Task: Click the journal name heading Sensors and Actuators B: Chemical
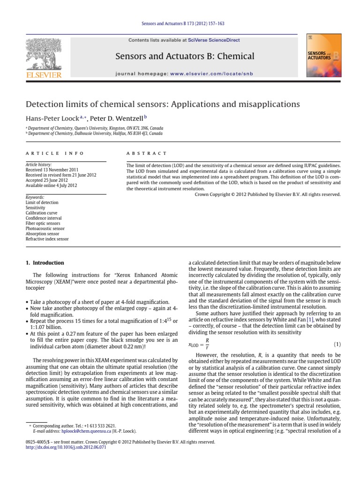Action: pyautogui.click(x=185, y=57)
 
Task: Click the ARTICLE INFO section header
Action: pyautogui.click(x=55, y=153)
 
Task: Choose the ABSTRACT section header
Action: pyautogui.click(x=146, y=153)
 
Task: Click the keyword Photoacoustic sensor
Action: pyautogui.click(x=45, y=229)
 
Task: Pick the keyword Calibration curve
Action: pyautogui.click(x=41, y=213)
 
